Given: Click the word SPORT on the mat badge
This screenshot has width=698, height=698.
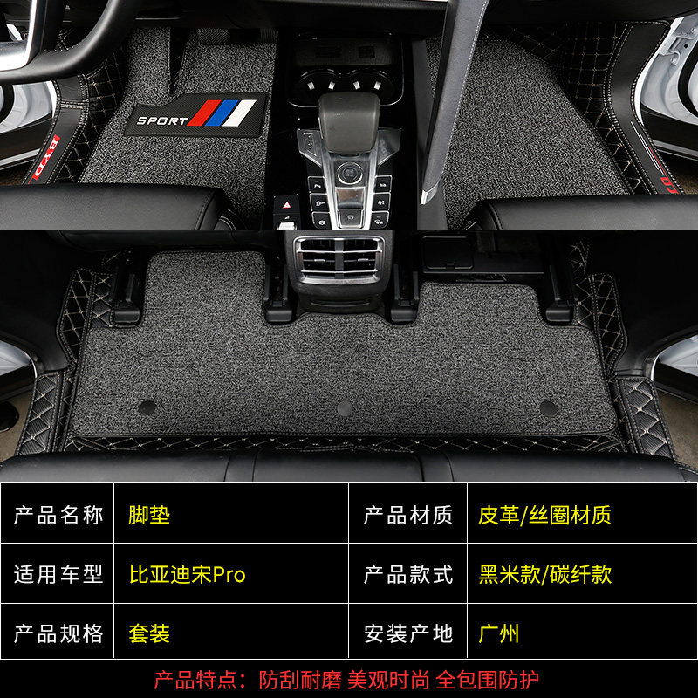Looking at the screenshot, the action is coord(162,120).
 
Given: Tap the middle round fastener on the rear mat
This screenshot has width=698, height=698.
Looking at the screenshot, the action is coord(346,408).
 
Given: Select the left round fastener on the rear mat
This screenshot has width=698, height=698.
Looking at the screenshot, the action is coord(147,407).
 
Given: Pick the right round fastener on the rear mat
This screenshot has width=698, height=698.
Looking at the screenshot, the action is coord(548,407).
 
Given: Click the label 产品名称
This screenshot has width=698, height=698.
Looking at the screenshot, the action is coord(58,515).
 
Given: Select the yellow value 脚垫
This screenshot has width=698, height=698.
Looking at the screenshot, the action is coord(148,515).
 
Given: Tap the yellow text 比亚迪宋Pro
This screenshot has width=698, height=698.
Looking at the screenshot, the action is coord(188,574).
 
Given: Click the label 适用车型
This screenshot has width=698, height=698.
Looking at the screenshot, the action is coord(58,574).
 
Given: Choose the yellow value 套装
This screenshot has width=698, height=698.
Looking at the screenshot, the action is coord(148,633).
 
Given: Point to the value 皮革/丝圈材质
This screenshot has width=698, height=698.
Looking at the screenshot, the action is coord(544,515).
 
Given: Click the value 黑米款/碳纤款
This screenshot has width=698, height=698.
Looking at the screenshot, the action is coord(544,574).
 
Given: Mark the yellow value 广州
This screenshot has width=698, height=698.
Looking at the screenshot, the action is coord(499,633).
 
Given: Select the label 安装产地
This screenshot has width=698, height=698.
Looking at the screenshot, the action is coord(408,633).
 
